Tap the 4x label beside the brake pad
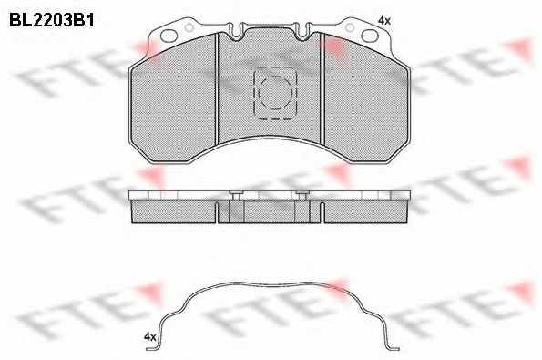[384, 20]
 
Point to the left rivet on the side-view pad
[236, 194]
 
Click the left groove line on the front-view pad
[215, 91]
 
